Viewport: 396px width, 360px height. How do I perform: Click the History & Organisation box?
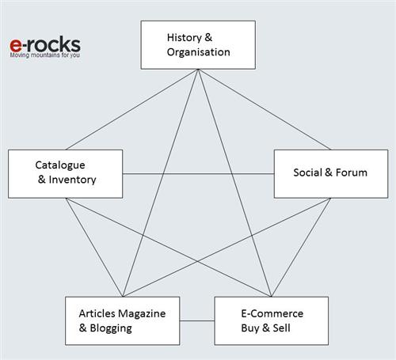click(x=198, y=45)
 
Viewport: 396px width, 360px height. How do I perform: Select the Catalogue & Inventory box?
click(x=65, y=174)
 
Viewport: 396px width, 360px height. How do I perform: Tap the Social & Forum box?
click(x=331, y=174)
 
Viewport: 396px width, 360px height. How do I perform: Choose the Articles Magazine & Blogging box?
click(x=123, y=320)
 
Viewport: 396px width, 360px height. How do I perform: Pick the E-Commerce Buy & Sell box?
click(x=272, y=320)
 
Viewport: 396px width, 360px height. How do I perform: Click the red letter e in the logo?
click(x=16, y=45)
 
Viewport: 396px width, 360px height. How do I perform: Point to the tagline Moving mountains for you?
click(x=44, y=55)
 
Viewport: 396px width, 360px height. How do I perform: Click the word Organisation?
click(x=199, y=52)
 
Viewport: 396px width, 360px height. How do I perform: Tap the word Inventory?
click(x=72, y=180)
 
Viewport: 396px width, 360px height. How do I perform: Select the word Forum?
click(x=352, y=172)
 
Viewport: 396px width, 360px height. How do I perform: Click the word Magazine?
click(x=142, y=313)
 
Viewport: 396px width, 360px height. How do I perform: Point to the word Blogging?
click(x=111, y=328)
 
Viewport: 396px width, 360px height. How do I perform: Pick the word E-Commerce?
click(x=272, y=313)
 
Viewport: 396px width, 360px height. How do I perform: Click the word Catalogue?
click(x=60, y=165)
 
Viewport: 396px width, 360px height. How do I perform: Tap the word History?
click(x=185, y=38)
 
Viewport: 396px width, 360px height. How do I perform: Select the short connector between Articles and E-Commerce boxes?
click(x=197, y=321)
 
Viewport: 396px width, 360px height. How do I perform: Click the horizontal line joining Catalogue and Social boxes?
click(x=198, y=174)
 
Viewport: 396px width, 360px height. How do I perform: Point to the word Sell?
click(x=281, y=328)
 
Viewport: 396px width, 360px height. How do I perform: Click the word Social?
click(x=308, y=172)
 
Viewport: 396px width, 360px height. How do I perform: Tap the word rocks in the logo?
click(x=54, y=44)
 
